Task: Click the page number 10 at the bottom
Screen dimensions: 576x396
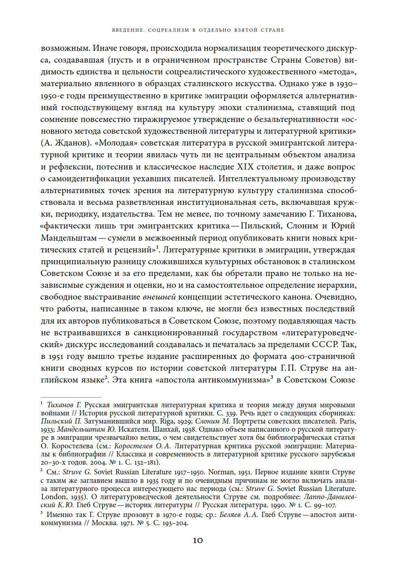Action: [198, 541]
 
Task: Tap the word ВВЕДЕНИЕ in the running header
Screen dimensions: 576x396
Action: [127, 30]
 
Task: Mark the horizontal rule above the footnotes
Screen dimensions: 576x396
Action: [71, 397]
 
